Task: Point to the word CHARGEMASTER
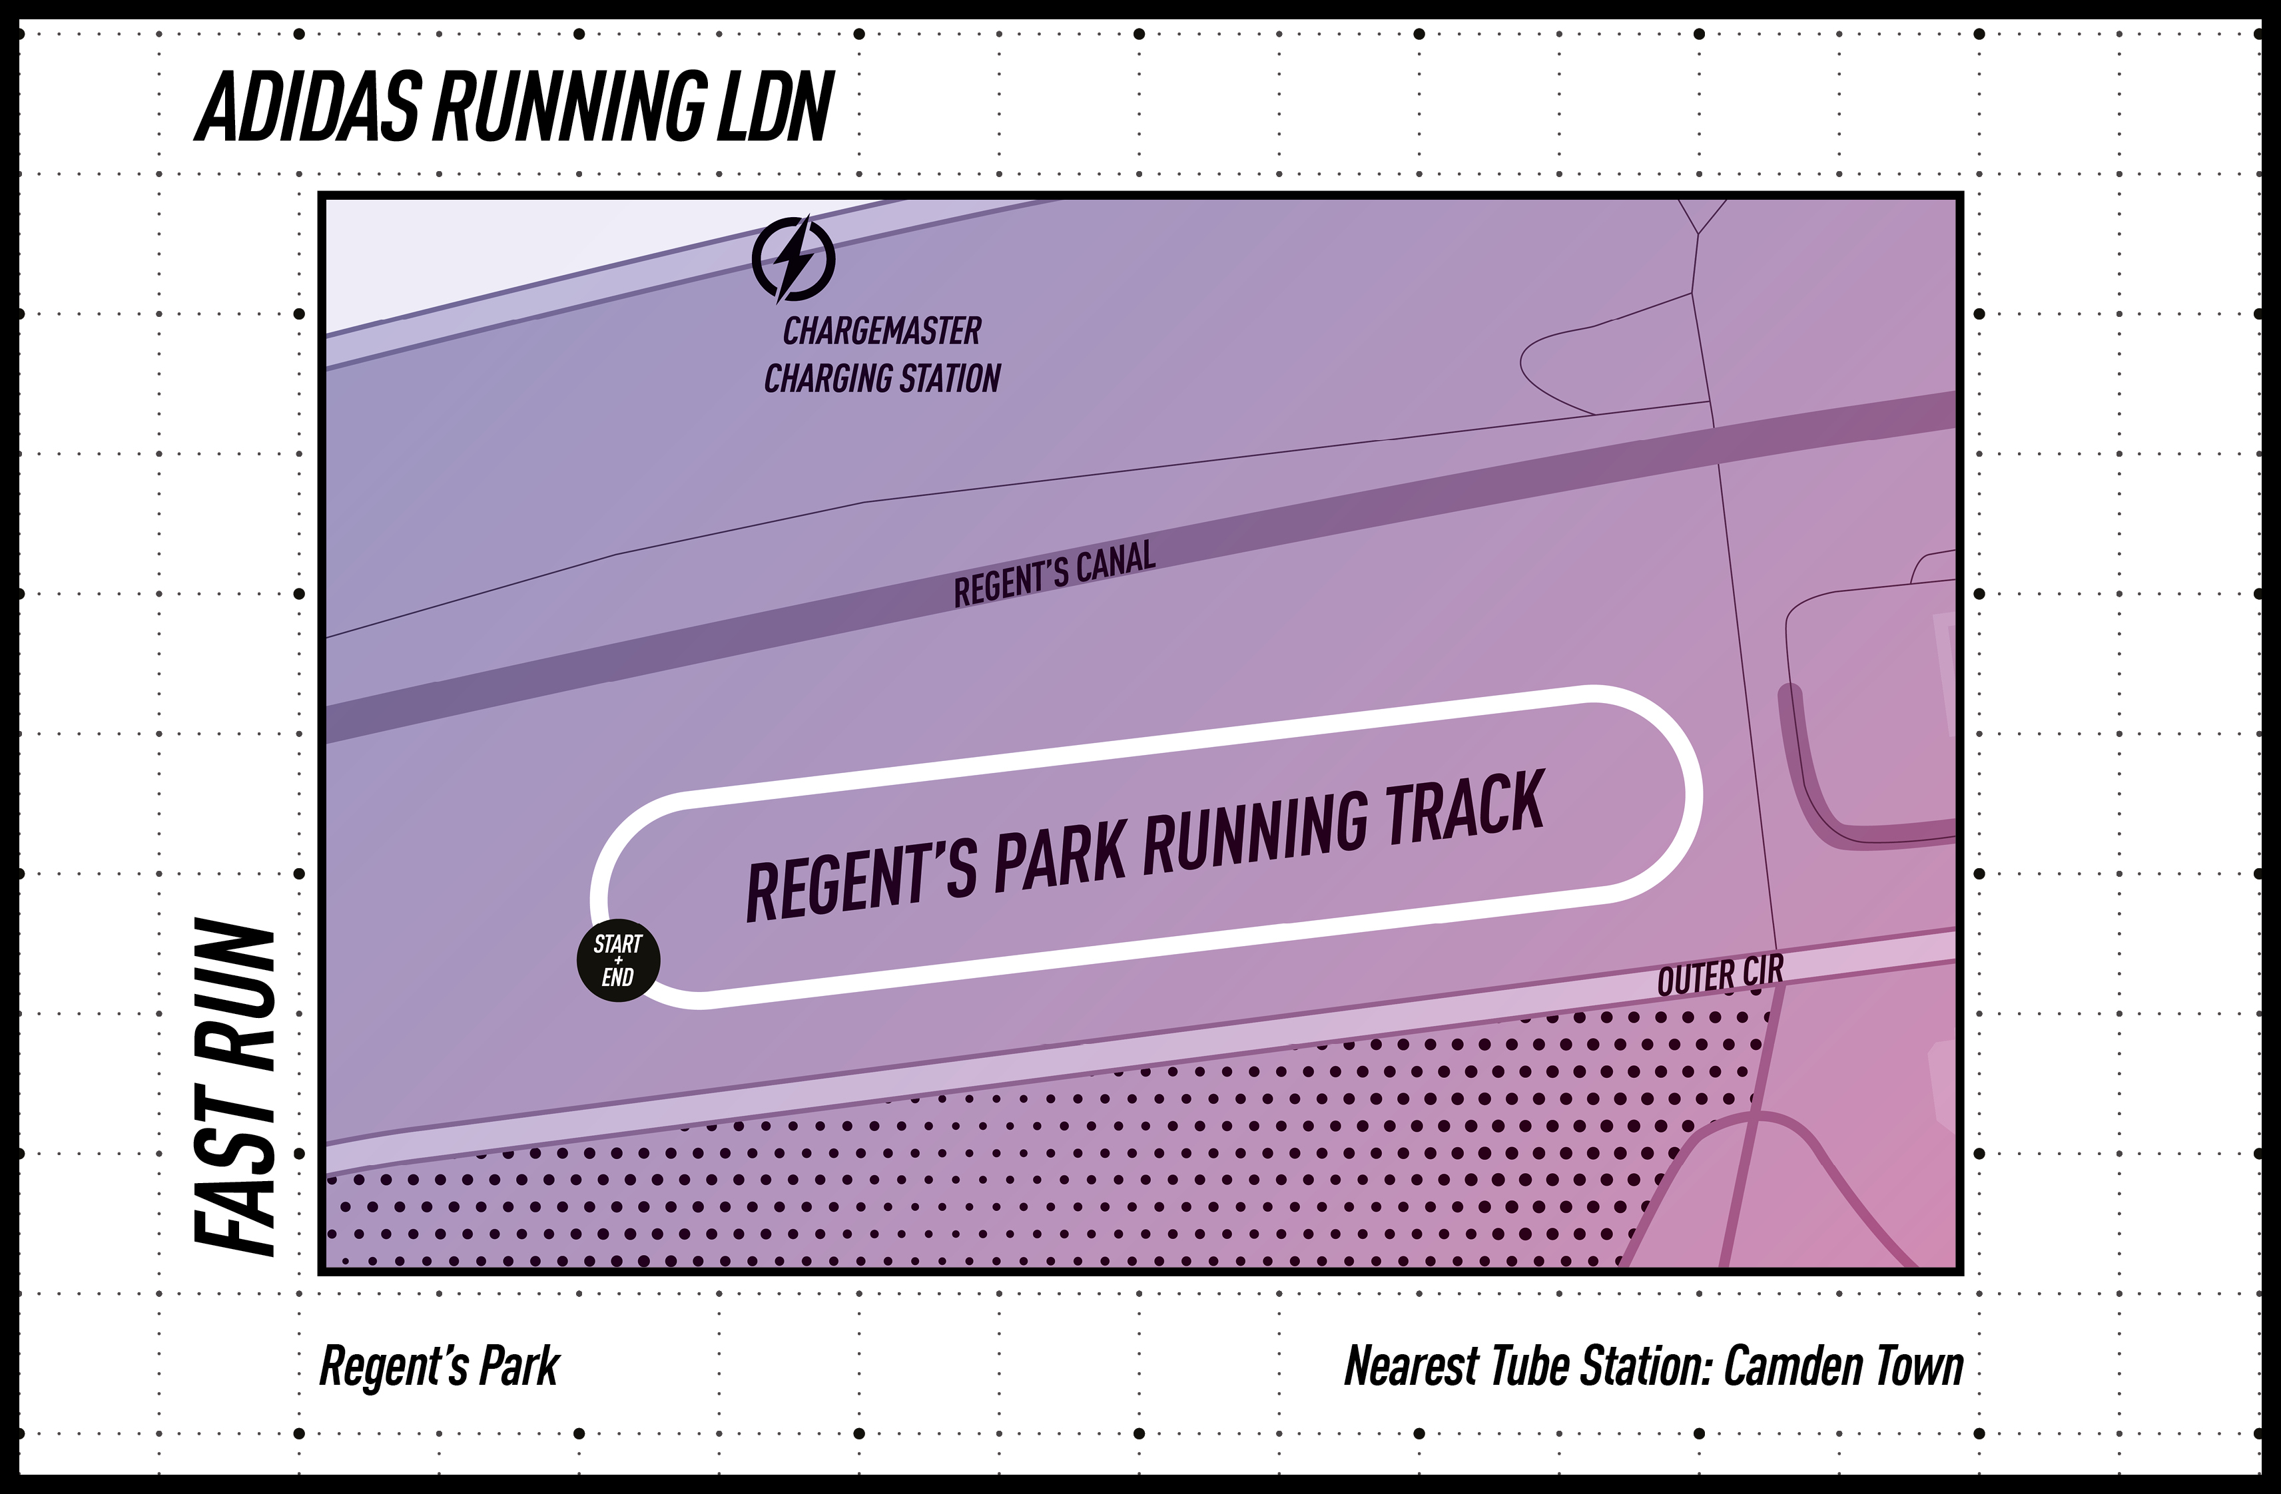coord(882,332)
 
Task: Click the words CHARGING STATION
coord(882,379)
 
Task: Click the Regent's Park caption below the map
coord(439,1367)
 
